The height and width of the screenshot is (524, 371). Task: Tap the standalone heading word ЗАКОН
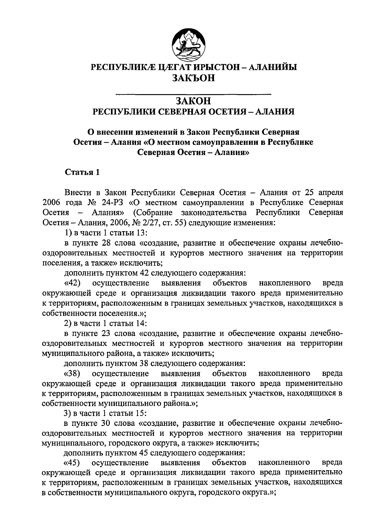point(194,101)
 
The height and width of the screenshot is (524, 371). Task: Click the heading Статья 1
point(82,172)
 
